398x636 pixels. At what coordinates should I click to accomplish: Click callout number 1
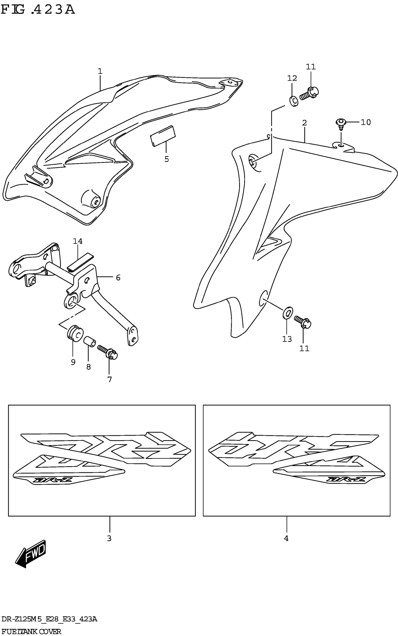click(x=100, y=71)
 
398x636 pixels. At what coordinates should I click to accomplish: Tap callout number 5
click(x=167, y=159)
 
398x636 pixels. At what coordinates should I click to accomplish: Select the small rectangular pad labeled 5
click(x=163, y=136)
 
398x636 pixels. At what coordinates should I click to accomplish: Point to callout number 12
click(x=292, y=78)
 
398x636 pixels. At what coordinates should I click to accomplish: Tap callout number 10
click(x=366, y=122)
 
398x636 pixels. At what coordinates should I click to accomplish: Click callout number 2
click(x=304, y=123)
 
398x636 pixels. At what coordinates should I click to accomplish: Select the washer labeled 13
click(x=288, y=312)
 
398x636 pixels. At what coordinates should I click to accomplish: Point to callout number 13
click(x=287, y=339)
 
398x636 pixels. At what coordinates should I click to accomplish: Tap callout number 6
click(x=118, y=277)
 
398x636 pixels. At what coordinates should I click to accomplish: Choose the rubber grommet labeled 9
click(x=75, y=333)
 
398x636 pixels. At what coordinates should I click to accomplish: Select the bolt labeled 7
click(x=108, y=352)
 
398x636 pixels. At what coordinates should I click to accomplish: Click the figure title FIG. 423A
click(x=38, y=10)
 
